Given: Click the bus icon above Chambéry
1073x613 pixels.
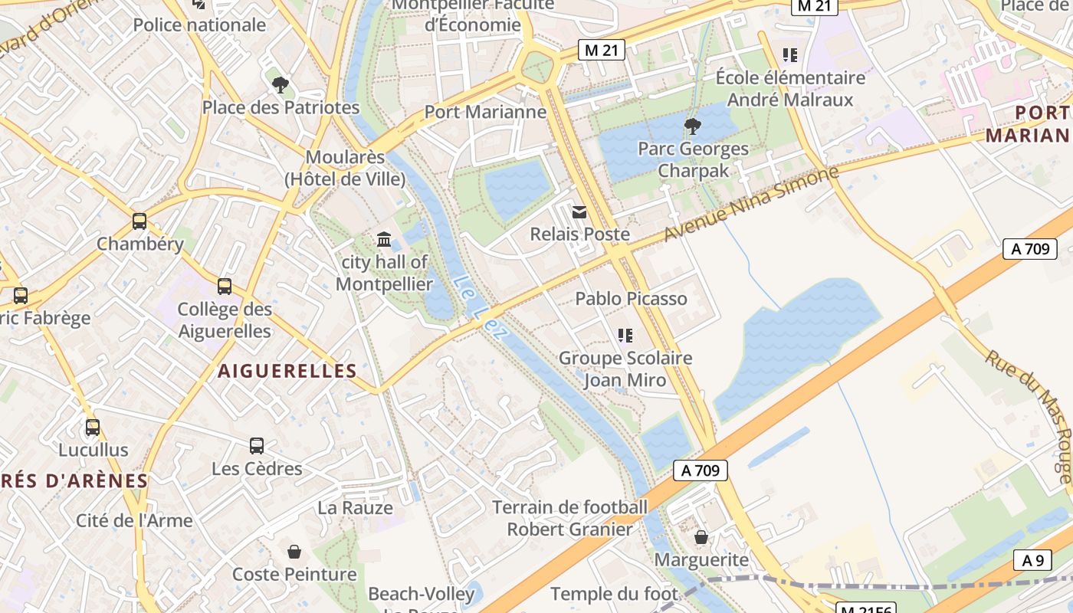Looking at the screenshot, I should (139, 221).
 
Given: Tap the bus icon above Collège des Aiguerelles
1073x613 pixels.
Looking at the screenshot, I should (225, 287).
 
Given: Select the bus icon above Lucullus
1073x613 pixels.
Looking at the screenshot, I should (93, 428).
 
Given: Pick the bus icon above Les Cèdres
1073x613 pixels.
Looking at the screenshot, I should (257, 445).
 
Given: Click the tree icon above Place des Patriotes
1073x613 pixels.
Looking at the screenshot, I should (281, 84).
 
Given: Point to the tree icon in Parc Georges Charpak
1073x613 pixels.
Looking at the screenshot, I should (692, 126).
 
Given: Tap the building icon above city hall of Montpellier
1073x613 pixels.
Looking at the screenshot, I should (384, 240).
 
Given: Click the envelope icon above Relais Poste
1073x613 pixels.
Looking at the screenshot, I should (579, 212).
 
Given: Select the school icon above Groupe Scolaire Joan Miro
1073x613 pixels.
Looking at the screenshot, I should (625, 335).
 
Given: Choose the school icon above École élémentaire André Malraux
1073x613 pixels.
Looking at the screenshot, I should (789, 55).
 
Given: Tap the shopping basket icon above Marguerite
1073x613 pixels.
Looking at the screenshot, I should (701, 537).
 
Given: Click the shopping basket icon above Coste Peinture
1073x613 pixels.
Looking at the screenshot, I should (294, 552).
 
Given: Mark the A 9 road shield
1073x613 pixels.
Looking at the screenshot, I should (1032, 560).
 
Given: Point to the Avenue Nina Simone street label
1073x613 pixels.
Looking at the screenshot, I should (751, 203).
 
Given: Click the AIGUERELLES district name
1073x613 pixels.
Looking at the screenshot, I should (287, 371).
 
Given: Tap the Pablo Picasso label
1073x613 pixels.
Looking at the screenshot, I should (631, 299).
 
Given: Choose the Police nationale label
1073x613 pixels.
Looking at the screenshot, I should (199, 25).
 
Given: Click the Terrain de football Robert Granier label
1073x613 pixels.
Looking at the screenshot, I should (570, 518).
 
